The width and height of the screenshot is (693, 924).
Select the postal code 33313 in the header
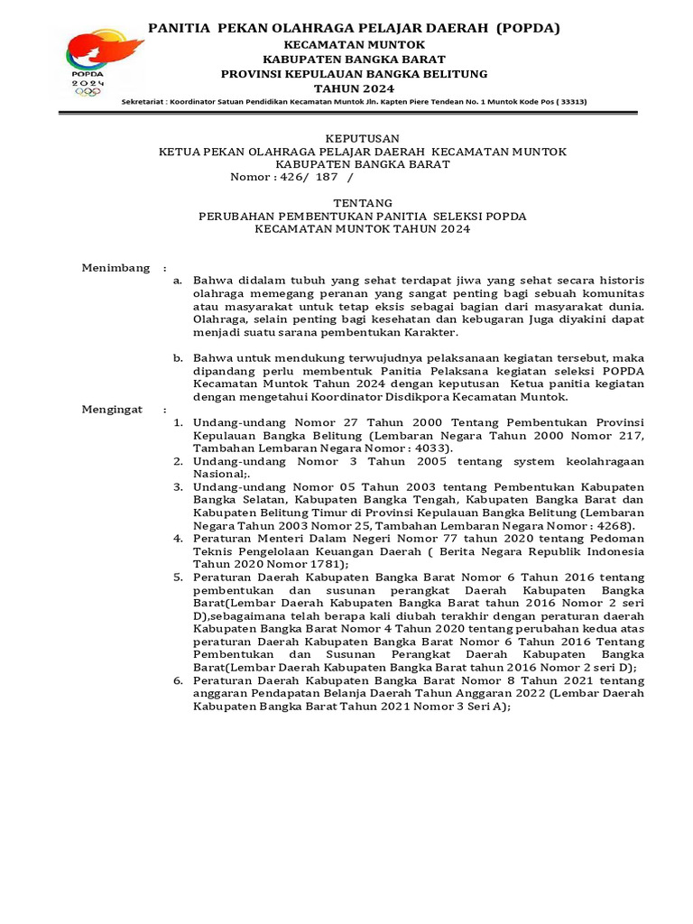point(571,102)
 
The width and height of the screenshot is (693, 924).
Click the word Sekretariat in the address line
point(143,102)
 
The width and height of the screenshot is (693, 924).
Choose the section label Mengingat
point(112,409)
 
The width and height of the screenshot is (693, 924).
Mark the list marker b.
point(178,359)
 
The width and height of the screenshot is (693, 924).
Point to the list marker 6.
point(178,680)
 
